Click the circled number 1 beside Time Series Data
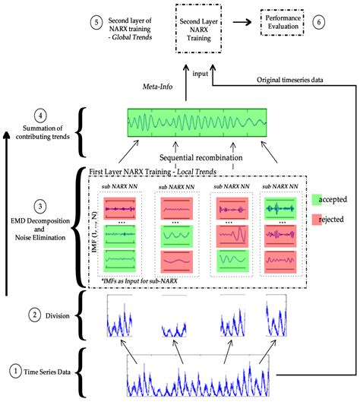point(15,372)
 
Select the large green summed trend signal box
point(197,124)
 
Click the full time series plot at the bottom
point(198,375)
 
